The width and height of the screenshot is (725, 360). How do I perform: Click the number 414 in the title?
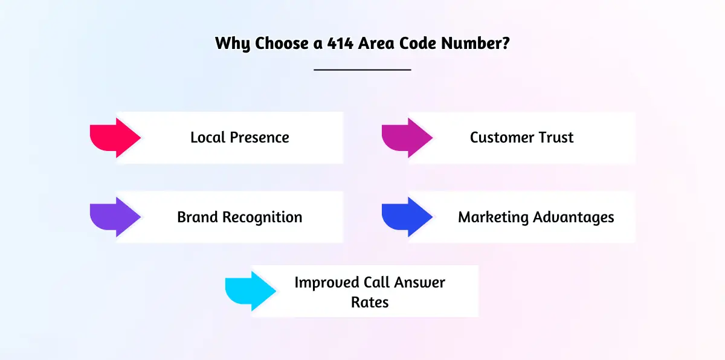tap(340, 43)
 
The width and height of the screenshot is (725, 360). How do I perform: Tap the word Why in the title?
tap(233, 44)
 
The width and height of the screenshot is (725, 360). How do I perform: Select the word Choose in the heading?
tap(282, 43)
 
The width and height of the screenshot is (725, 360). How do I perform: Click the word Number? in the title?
tap(475, 43)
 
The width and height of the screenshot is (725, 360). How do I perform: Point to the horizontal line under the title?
tap(362, 69)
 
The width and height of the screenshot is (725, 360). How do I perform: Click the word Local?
tap(208, 138)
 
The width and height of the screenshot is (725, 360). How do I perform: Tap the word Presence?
tap(260, 138)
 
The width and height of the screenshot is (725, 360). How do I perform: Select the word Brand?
tap(198, 217)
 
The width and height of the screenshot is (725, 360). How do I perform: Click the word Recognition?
tap(262, 217)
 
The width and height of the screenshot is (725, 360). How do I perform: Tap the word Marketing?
tap(493, 217)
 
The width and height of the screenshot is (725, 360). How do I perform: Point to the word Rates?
tap(370, 303)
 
